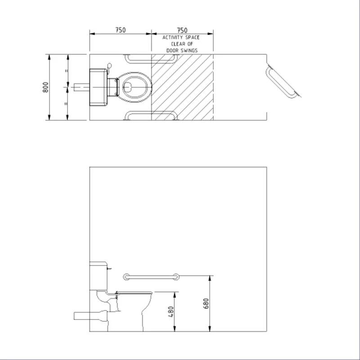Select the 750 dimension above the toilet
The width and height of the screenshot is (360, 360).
(120, 30)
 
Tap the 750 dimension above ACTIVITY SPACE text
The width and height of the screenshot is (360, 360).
(182, 30)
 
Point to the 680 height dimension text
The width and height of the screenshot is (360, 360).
(207, 304)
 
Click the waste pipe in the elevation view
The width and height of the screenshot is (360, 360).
(88, 316)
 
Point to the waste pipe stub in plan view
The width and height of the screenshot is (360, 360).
(80, 86)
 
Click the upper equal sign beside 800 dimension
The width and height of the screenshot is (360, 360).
(67, 71)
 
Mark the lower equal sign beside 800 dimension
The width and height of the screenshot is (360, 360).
(67, 103)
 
